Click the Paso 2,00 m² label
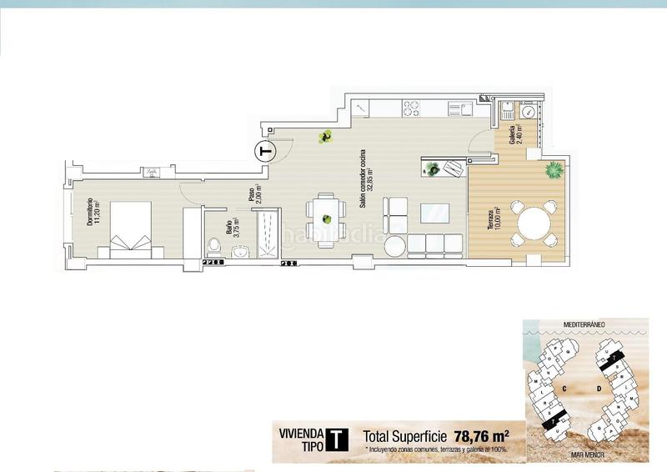pos(255,193)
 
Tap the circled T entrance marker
pos(265,153)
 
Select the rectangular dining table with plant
pos(325,218)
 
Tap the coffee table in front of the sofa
pos(434,213)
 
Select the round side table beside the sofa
pos(394,245)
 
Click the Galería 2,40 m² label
pos(515,135)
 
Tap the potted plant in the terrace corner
pos(553,170)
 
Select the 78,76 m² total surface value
pos(482,435)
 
